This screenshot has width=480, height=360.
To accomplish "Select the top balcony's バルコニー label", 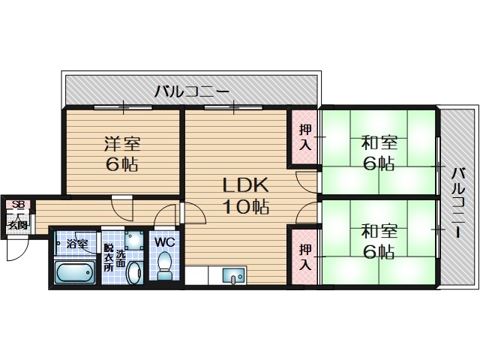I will click(x=192, y=91).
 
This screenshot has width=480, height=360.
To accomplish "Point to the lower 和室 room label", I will click(x=379, y=231).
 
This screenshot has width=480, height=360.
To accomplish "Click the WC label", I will click(x=165, y=241).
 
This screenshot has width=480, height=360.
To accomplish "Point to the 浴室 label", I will click(x=76, y=244).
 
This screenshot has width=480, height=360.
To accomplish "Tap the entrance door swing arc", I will click(x=16, y=253).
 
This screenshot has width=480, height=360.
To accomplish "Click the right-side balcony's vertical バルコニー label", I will click(x=458, y=202).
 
